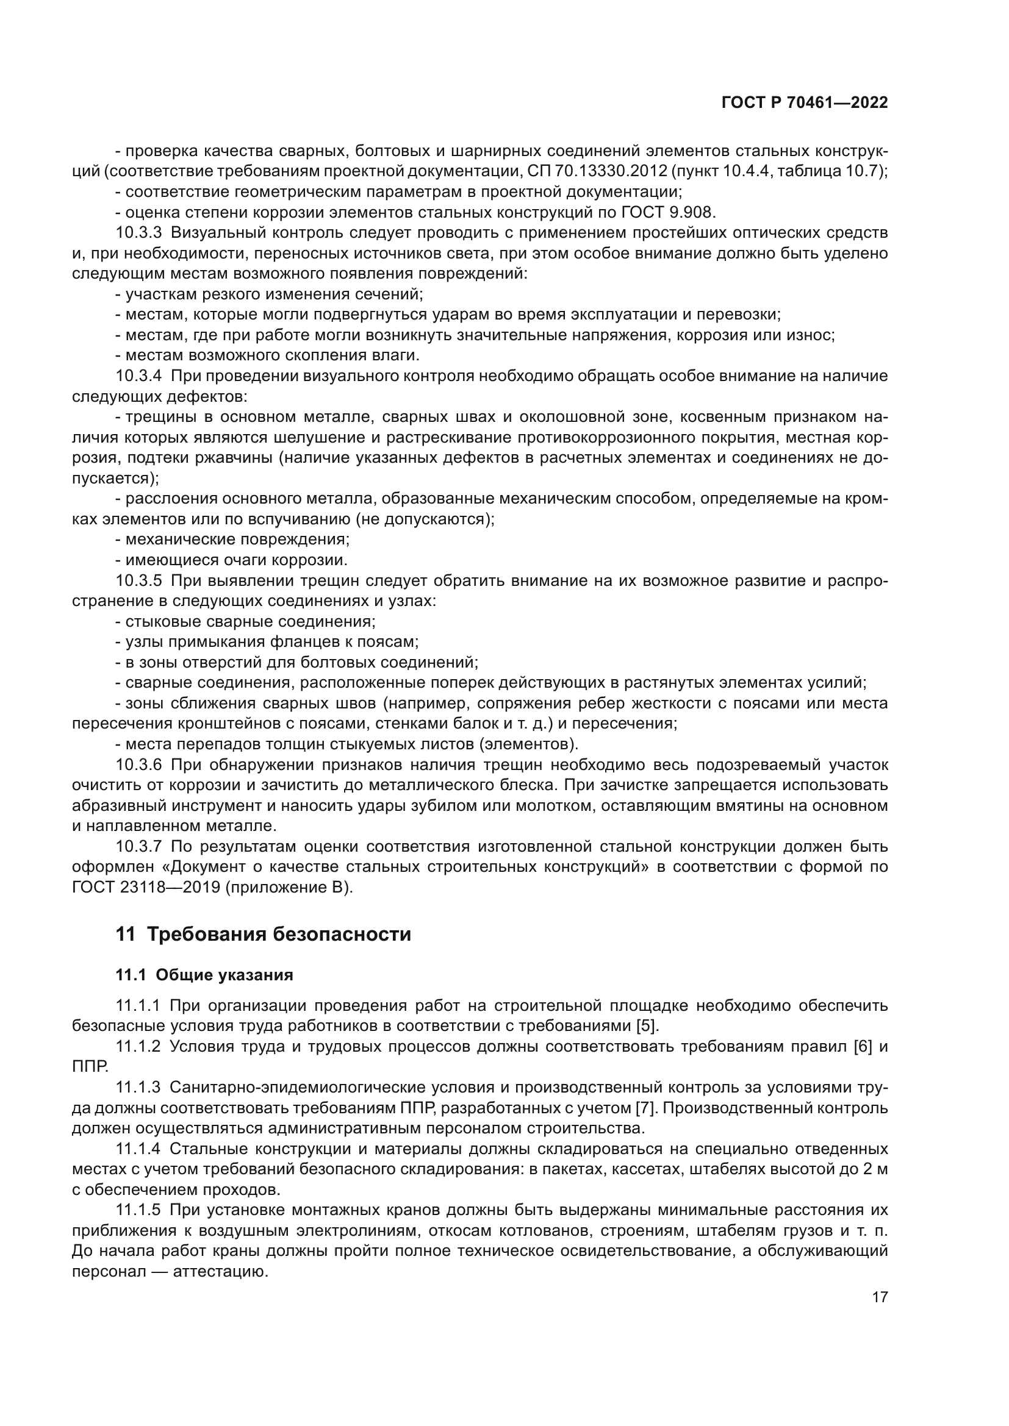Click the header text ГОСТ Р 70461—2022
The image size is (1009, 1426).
point(804,103)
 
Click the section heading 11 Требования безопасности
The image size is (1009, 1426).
point(263,934)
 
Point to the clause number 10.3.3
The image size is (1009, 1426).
point(138,233)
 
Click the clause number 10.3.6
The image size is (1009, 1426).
point(138,765)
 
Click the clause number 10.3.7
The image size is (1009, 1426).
point(138,847)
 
